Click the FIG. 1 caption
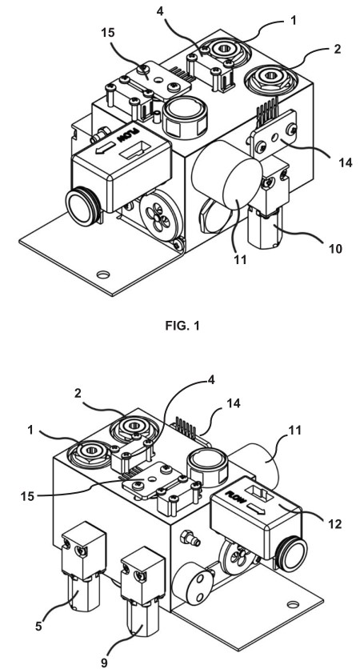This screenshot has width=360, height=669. click(182, 326)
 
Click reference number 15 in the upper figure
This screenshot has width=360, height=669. click(108, 33)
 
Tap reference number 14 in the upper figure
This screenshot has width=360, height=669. click(346, 162)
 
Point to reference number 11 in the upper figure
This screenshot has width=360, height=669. click(241, 258)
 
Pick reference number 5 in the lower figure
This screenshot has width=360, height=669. click(39, 627)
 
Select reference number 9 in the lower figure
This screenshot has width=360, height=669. click(105, 663)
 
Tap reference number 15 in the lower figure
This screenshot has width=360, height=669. click(27, 496)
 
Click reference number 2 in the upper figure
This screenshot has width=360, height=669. click(337, 49)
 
